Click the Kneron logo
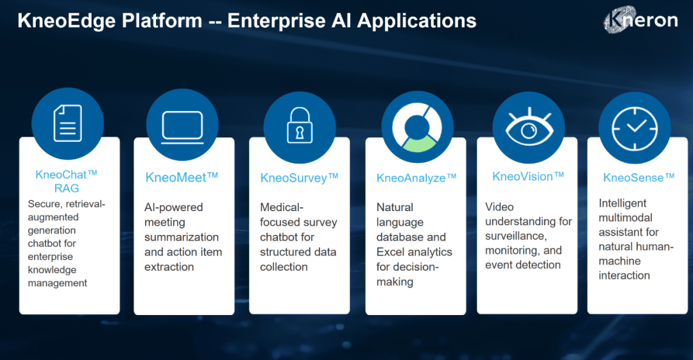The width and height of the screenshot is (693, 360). pos(640,21)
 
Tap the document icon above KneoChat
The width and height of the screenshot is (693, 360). pos(67,123)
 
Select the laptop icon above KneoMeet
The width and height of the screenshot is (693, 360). pos(182,125)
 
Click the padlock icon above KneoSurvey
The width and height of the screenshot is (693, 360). pos(299,125)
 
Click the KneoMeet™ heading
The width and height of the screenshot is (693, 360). pos(182,176)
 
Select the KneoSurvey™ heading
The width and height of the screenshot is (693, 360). pos(299,178)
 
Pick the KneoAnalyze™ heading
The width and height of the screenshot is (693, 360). pos(416,178)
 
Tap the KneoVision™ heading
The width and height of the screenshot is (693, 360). pos(528,176)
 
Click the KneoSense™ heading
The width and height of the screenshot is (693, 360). pos(638,177)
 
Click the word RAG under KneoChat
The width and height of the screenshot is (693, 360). pos(67,188)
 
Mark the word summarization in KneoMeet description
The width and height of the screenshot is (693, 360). pos(182,237)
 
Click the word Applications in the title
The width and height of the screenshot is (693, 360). pos(416,21)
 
